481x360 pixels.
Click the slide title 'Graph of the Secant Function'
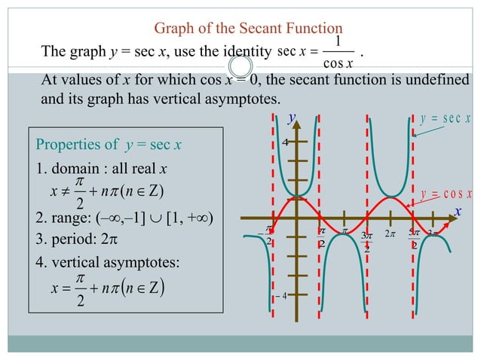point(238,29)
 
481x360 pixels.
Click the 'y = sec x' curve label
point(445,118)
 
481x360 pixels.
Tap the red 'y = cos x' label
point(446,193)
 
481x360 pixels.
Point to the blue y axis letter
point(292,117)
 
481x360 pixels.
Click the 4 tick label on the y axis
point(286,142)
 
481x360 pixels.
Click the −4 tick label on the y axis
point(281,296)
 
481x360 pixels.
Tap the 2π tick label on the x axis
point(390,234)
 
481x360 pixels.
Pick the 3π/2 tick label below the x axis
point(367,241)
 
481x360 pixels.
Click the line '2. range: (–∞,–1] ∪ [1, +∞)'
point(124,218)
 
